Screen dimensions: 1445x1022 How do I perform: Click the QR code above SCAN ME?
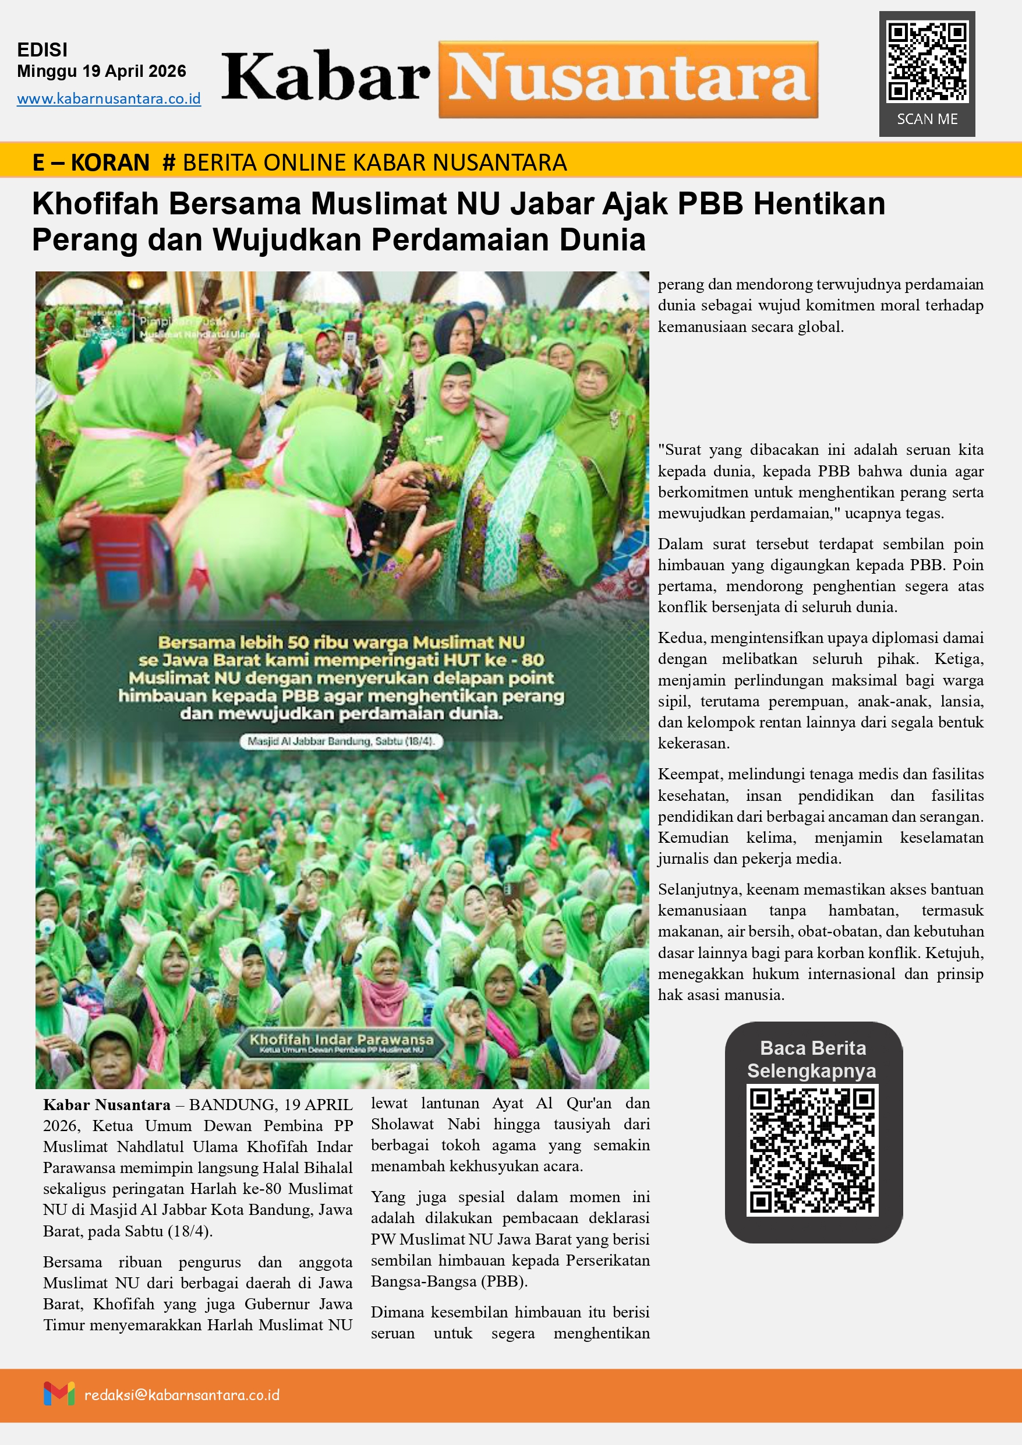(926, 61)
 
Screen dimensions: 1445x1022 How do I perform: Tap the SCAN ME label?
(927, 119)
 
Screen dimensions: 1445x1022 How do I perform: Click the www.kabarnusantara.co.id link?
(109, 99)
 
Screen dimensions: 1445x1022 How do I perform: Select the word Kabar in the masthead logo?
(326, 78)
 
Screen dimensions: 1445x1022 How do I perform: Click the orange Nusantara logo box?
(628, 79)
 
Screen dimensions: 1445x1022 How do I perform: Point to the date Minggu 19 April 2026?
(101, 71)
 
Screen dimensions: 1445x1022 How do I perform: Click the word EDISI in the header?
(42, 50)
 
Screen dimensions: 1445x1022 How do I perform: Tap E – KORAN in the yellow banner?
(91, 162)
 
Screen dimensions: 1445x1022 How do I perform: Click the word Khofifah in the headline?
(95, 204)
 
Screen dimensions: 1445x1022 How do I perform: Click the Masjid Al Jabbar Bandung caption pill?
(341, 741)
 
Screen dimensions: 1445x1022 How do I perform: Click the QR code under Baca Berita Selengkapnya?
(812, 1150)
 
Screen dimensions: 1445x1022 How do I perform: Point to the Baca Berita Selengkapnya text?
(812, 1059)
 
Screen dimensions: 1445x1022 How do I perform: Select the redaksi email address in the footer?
(182, 1395)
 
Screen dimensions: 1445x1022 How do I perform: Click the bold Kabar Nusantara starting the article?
(107, 1105)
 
